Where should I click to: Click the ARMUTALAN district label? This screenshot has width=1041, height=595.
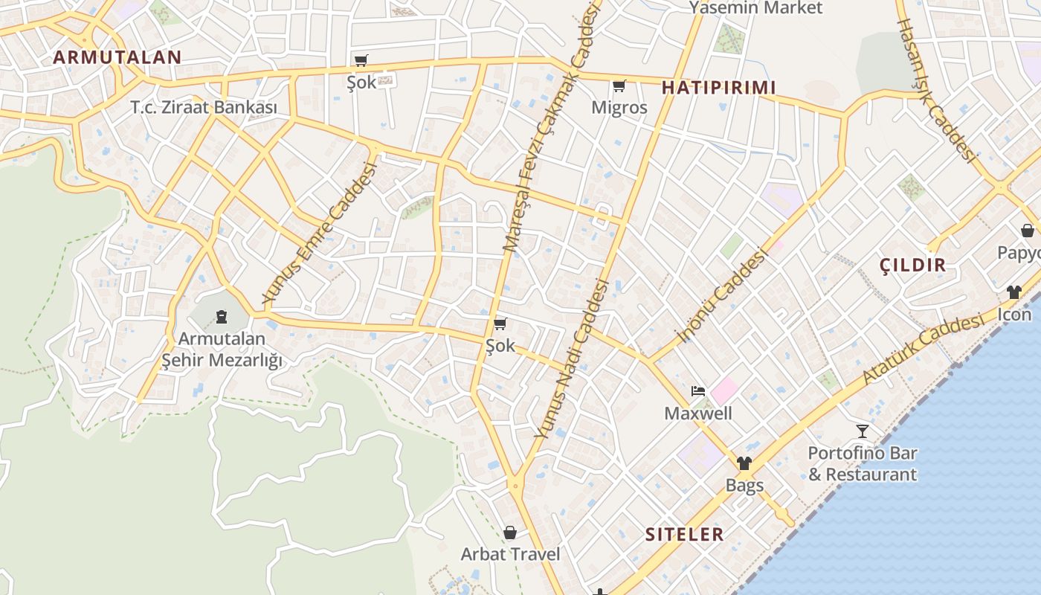click(117, 57)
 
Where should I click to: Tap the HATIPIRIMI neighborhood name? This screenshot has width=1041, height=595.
click(718, 88)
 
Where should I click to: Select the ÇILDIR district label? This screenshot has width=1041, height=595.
click(912, 265)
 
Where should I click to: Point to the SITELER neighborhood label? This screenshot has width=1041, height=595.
click(684, 534)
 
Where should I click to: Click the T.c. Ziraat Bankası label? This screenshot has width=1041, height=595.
click(204, 108)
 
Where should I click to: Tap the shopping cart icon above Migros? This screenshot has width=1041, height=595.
click(619, 86)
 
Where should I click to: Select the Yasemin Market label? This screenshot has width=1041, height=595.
click(755, 8)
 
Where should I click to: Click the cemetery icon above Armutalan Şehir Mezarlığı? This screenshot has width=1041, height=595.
click(221, 318)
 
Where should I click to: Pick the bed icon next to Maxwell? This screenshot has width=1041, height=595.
click(697, 391)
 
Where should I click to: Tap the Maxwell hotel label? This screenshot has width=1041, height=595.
click(697, 414)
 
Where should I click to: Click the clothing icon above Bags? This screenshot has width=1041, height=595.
click(744, 463)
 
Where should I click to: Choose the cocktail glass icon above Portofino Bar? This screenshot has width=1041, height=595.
click(863, 431)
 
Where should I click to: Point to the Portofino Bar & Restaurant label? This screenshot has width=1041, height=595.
click(863, 463)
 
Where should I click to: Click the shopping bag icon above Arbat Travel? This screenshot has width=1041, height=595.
click(510, 533)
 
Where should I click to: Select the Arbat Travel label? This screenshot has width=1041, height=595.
click(510, 554)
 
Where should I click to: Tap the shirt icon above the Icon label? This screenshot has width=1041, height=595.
click(1014, 292)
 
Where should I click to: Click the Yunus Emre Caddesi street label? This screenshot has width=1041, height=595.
click(320, 233)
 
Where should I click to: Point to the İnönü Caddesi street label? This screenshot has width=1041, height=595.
click(722, 296)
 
